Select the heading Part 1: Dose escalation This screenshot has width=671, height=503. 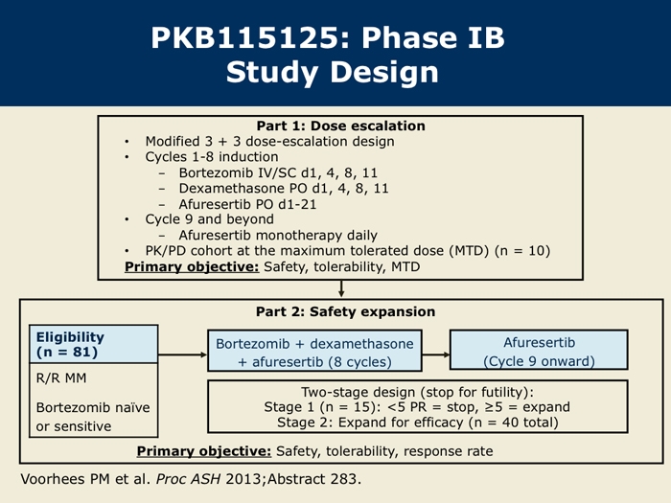pyautogui.click(x=340, y=126)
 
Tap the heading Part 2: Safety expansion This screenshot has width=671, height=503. pyautogui.click(x=345, y=311)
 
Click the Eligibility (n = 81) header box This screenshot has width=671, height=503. pyautogui.click(x=94, y=344)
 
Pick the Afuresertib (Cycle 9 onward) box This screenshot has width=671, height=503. pyautogui.click(x=539, y=350)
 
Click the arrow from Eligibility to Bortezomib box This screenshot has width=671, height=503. pyautogui.click(x=183, y=354)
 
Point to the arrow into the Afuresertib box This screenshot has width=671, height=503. pyautogui.click(x=435, y=354)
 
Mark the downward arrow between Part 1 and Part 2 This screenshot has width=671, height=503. pyautogui.click(x=341, y=288)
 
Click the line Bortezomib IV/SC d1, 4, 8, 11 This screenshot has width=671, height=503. pyautogui.click(x=278, y=172)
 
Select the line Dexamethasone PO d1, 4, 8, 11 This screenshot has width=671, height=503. pyautogui.click(x=284, y=188)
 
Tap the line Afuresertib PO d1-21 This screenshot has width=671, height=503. pyautogui.click(x=247, y=204)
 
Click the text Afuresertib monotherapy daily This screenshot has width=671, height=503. pyautogui.click(x=278, y=236)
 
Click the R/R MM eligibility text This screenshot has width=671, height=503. pyautogui.click(x=61, y=378)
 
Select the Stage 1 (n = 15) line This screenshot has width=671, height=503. pyautogui.click(x=417, y=407)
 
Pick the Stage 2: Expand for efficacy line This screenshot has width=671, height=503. pyautogui.click(x=418, y=423)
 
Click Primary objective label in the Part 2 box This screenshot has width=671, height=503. pyautogui.click(x=204, y=451)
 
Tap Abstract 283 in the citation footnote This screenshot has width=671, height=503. pyautogui.click(x=314, y=479)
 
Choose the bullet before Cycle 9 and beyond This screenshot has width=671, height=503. pyautogui.click(x=127, y=219)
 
